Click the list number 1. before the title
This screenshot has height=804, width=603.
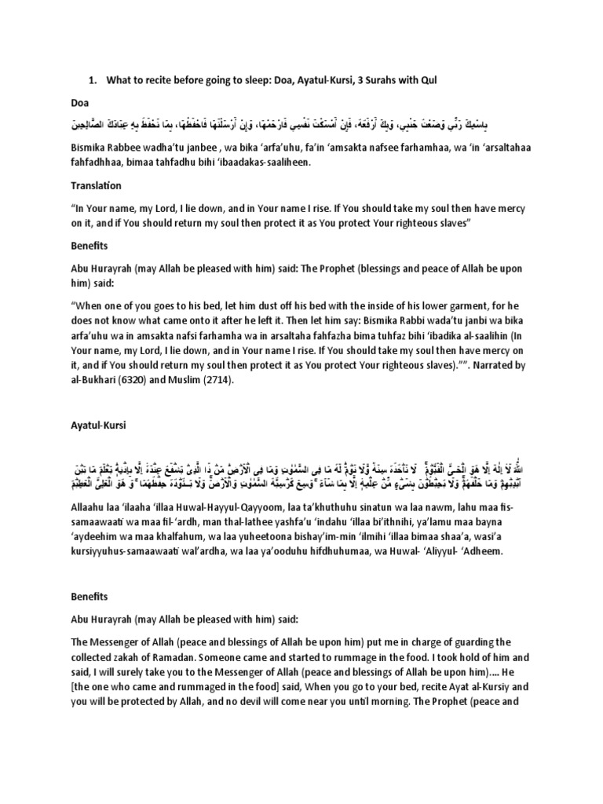coord(90,80)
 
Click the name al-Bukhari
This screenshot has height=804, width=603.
coord(97,378)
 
